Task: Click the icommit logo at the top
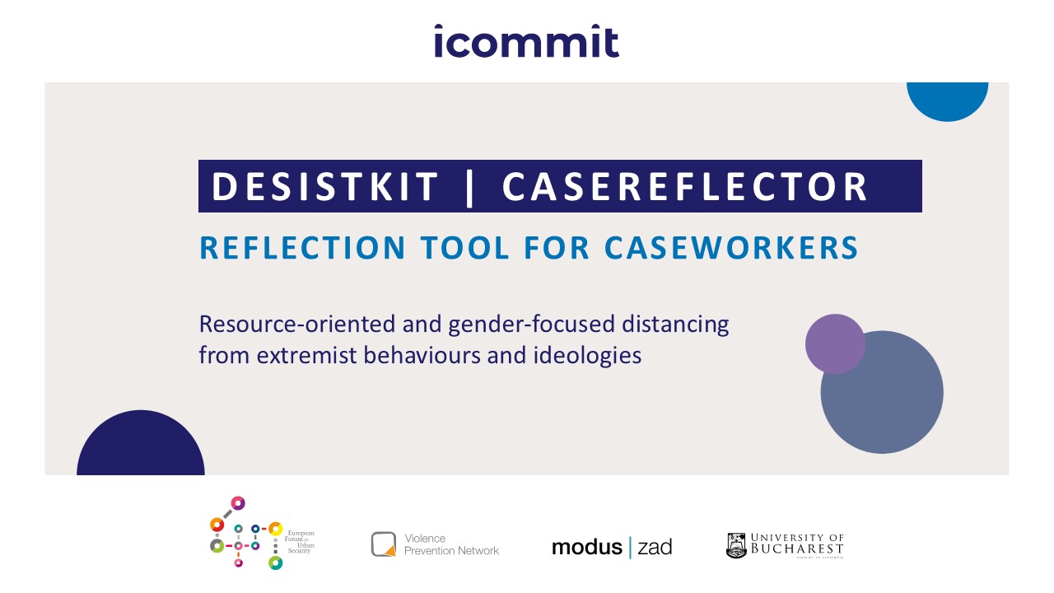click(x=526, y=41)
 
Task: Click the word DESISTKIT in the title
click(x=325, y=187)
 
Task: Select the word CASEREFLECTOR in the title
click(x=685, y=187)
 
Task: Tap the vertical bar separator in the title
click(x=470, y=187)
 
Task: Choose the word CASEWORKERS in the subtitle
click(x=731, y=248)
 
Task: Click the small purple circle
click(x=835, y=344)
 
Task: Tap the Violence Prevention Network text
click(x=451, y=544)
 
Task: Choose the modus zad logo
click(x=612, y=547)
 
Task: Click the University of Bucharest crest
click(x=736, y=545)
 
